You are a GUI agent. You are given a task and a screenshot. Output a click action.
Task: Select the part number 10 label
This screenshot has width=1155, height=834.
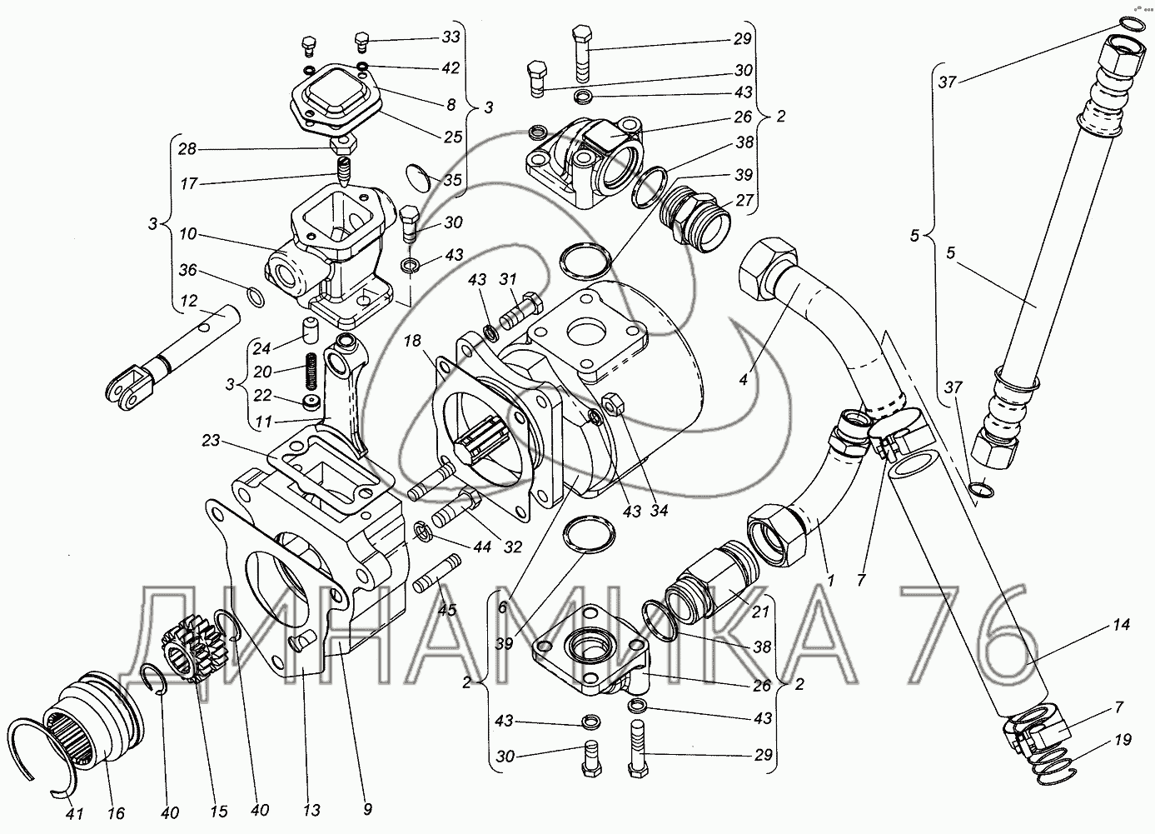click(x=188, y=236)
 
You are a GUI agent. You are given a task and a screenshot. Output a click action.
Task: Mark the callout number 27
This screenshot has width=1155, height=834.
click(x=743, y=200)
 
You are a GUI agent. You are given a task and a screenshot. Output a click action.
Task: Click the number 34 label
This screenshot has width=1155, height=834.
click(x=660, y=511)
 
